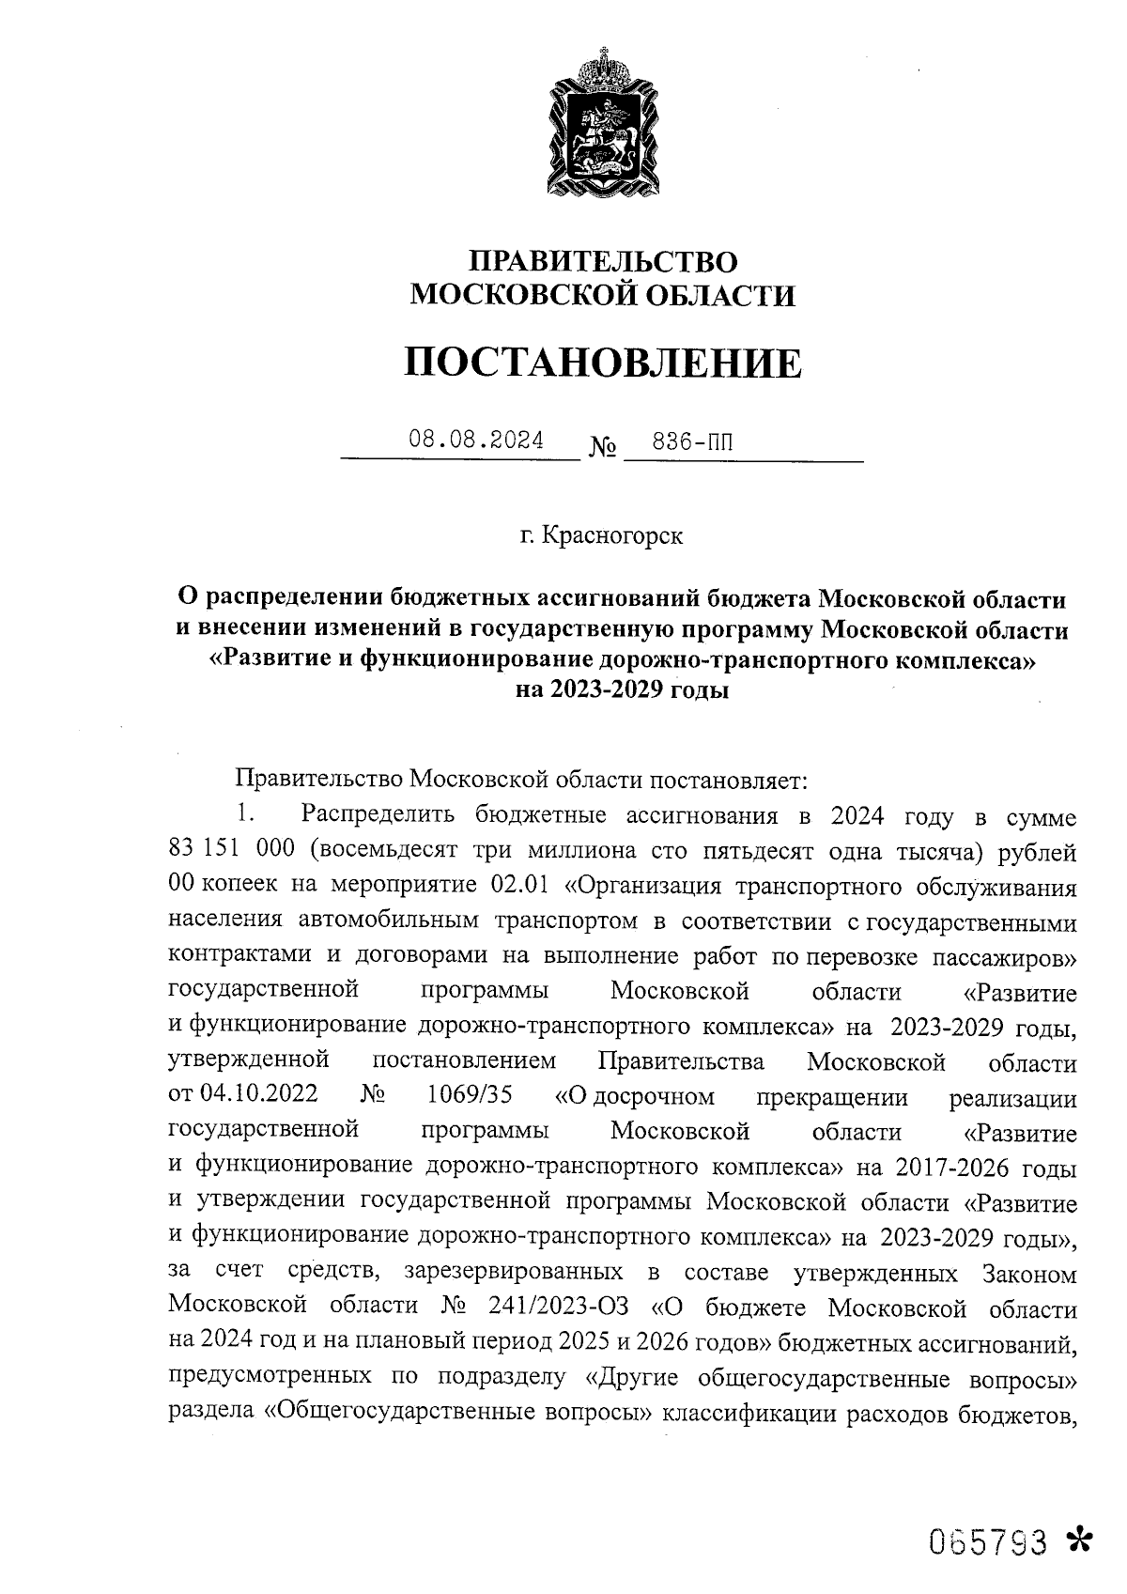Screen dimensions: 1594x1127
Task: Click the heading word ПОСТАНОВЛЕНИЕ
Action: (603, 363)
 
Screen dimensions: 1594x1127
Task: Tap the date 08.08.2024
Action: (475, 440)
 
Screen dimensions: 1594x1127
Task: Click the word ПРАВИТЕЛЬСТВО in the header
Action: (603, 260)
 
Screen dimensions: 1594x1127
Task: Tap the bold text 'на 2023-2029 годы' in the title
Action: (622, 690)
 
